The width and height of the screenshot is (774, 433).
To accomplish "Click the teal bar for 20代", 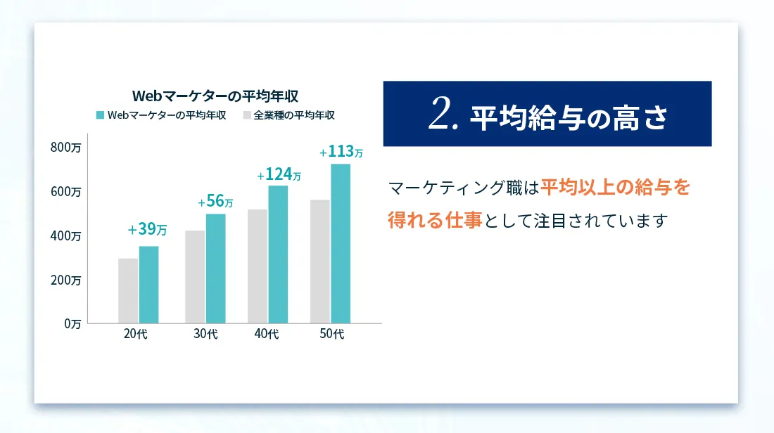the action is point(148,285).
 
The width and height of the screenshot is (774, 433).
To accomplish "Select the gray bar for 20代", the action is point(128,291).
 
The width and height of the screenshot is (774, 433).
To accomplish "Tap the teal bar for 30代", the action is point(216,269).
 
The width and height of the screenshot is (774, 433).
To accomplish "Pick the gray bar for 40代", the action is point(258,266).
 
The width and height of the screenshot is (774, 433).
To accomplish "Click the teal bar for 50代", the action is point(341,244).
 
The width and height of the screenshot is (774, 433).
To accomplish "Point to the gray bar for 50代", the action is point(320,261).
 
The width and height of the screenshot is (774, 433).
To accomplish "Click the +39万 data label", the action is point(147,229).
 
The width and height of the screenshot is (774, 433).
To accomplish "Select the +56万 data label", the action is point(215,201).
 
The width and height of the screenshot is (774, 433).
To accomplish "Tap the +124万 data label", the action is point(279,174).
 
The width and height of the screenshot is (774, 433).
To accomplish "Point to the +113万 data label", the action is point(341,151).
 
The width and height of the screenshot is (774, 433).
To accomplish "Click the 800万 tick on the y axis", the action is point(65,148).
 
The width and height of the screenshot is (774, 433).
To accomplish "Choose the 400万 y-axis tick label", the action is point(65,235).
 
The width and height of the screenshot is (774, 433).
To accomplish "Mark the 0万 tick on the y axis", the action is point(72,324).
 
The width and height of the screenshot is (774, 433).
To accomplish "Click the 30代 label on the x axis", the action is point(205,334).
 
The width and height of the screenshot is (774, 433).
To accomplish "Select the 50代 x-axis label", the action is point(331,334).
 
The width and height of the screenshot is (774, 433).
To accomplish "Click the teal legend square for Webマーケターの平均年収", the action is point(100,115).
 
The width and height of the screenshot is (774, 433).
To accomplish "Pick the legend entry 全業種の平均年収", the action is point(289,115).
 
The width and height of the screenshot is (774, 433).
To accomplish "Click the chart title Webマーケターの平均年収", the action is point(215,96).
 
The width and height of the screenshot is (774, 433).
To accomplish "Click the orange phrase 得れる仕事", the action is point(435,221).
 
